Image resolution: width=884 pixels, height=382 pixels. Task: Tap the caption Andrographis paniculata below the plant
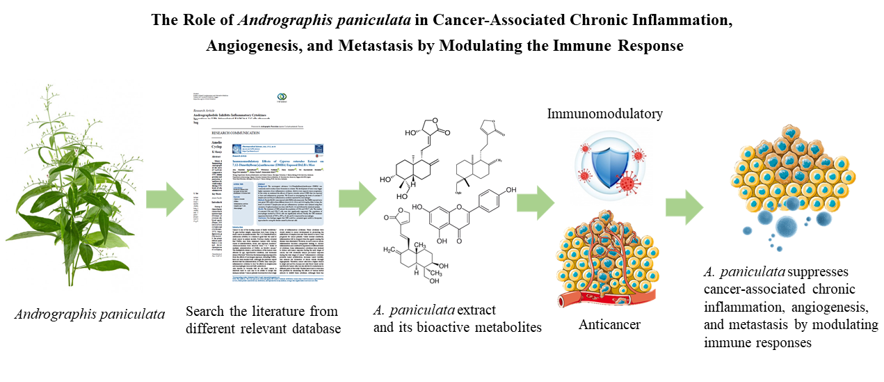pyautogui.click(x=90, y=314)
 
